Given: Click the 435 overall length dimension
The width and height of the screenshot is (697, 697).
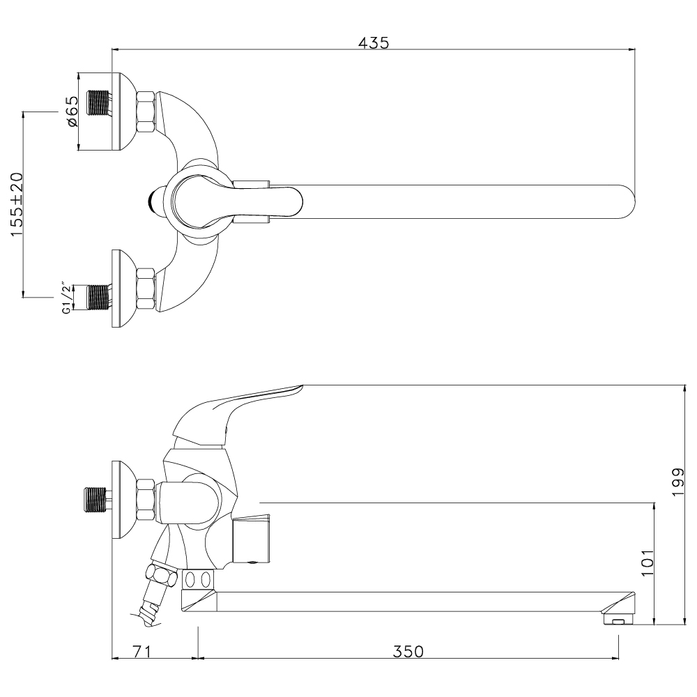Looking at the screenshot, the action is tap(374, 43).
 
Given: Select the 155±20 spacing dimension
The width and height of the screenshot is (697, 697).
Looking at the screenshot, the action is tap(17, 204).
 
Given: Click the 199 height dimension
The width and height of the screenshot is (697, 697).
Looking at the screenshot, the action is tap(679, 482).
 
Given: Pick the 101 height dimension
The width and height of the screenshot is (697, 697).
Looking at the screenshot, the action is tap(648, 562).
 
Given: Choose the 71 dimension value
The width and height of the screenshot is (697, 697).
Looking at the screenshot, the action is tap(141, 651).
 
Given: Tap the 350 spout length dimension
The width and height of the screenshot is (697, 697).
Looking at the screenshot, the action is tap(408, 651).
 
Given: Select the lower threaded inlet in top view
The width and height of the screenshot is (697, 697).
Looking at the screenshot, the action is tap(99, 297).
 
